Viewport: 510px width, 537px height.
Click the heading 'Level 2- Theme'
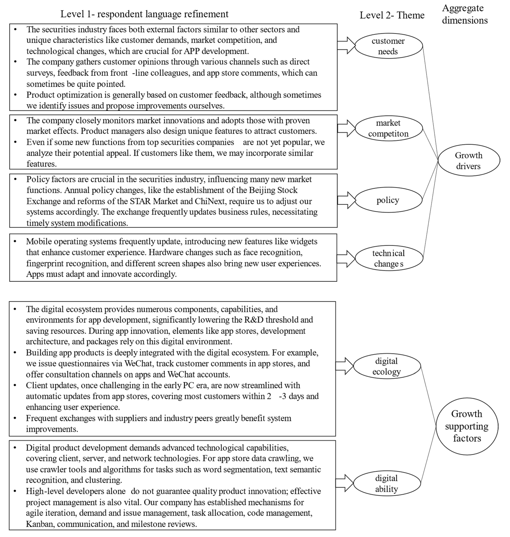(392, 15)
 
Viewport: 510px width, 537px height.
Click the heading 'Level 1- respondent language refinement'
(144, 14)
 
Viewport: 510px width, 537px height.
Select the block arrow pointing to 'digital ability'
(344, 483)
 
